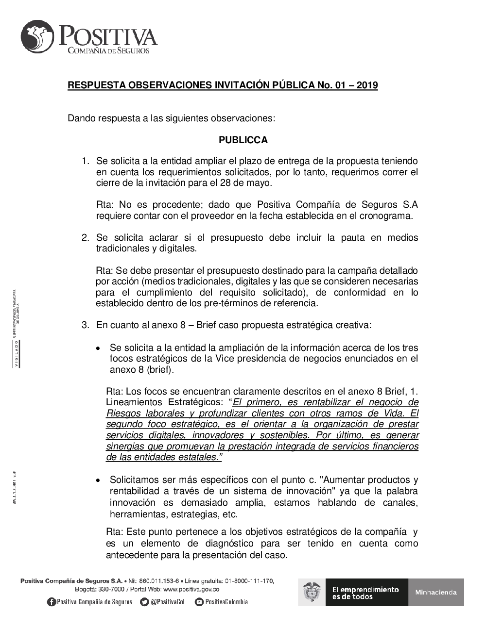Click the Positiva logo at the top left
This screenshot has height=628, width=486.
pyautogui.click(x=89, y=38)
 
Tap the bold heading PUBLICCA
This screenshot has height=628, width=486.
pyautogui.click(x=243, y=140)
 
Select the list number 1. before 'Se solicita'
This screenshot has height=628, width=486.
pyautogui.click(x=86, y=161)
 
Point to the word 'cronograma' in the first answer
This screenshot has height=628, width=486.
pyautogui.click(x=388, y=216)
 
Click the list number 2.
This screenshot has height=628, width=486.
pyautogui.click(x=86, y=238)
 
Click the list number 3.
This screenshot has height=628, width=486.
pyautogui.click(x=86, y=325)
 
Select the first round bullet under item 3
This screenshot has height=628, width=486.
pyautogui.click(x=99, y=348)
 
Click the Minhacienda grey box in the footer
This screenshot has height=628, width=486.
pyautogui.click(x=436, y=592)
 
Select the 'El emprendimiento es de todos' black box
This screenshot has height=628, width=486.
pyautogui.click(x=365, y=592)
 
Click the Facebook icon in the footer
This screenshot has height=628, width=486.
pyautogui.click(x=51, y=602)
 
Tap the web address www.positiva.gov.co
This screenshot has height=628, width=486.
pyautogui.click(x=191, y=589)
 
